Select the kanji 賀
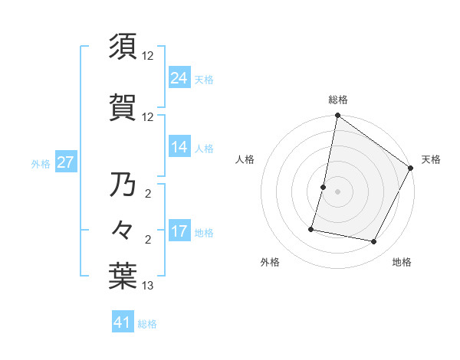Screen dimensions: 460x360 [123, 108]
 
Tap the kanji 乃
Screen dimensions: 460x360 [123, 185]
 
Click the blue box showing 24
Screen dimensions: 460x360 [179, 78]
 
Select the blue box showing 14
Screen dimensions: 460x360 [179, 147]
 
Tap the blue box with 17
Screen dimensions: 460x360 [179, 231]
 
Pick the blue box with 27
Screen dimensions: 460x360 [65, 162]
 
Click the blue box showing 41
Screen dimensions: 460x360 [123, 323]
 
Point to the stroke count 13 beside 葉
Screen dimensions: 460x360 [148, 286]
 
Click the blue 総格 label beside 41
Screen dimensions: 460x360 [147, 324]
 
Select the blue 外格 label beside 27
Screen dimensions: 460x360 [41, 163]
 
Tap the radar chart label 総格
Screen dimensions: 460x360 [338, 100]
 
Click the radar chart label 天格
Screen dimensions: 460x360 [431, 159]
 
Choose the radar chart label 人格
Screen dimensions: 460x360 [245, 159]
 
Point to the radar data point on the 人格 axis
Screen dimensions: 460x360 [324, 187]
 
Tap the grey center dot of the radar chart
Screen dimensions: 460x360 [338, 191]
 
